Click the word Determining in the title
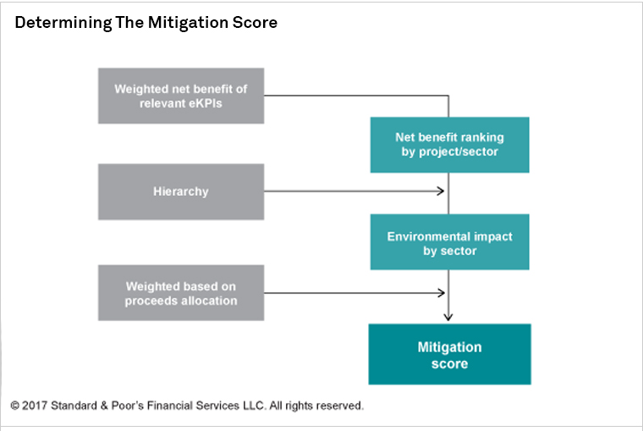[x=63, y=23]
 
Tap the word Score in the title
[x=255, y=23]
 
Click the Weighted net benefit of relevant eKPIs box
[x=181, y=95]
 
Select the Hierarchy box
[x=181, y=192]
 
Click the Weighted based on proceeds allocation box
[x=181, y=293]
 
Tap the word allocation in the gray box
[x=209, y=301]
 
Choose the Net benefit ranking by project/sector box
[x=449, y=145]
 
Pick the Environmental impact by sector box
[x=449, y=242]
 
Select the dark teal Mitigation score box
[x=449, y=354]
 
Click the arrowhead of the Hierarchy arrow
[x=442, y=191]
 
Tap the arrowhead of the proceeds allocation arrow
[x=442, y=293]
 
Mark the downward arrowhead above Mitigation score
[x=448, y=317]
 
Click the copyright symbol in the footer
[x=14, y=406]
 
